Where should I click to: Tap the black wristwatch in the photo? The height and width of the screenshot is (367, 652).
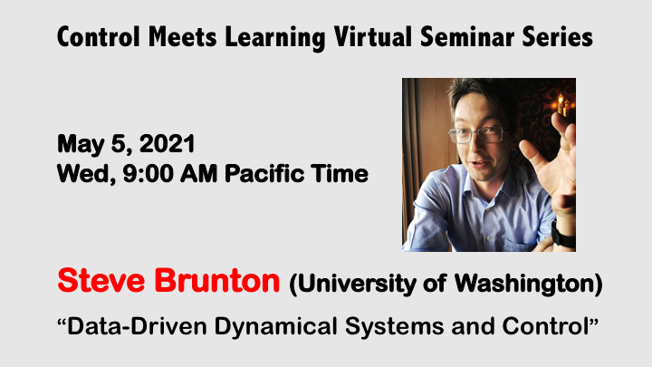(563, 237)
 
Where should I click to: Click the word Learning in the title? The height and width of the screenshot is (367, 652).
(268, 37)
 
